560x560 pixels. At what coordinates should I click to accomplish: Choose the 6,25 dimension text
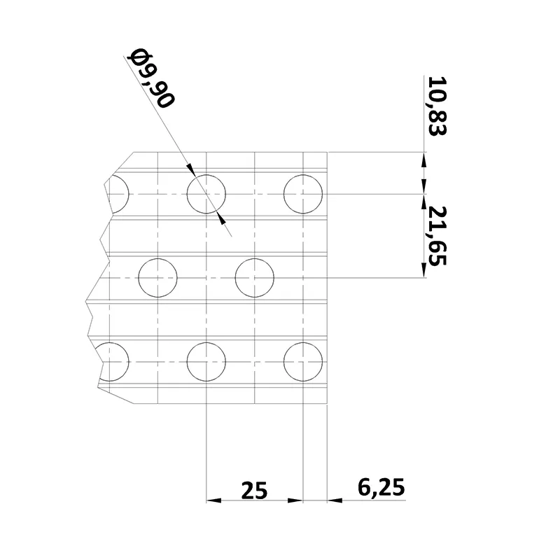[x=380, y=486]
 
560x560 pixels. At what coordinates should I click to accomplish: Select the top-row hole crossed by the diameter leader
[x=206, y=193]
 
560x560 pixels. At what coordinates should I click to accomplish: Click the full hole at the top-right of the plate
[x=303, y=193]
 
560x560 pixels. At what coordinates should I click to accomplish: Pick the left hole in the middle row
[x=159, y=277]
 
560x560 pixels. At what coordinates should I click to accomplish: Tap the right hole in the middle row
[x=255, y=277]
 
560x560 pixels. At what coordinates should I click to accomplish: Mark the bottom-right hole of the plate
[x=303, y=362]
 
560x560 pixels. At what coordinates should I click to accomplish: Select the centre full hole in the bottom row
[x=206, y=362]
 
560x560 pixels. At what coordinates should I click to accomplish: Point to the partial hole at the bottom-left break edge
[x=115, y=362]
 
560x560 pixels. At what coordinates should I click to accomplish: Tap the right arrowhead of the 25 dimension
[x=296, y=500]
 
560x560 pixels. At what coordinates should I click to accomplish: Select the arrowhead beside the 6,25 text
[x=334, y=500]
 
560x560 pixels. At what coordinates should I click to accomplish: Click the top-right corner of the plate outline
[x=328, y=152]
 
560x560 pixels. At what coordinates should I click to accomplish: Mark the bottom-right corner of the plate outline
[x=328, y=404]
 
